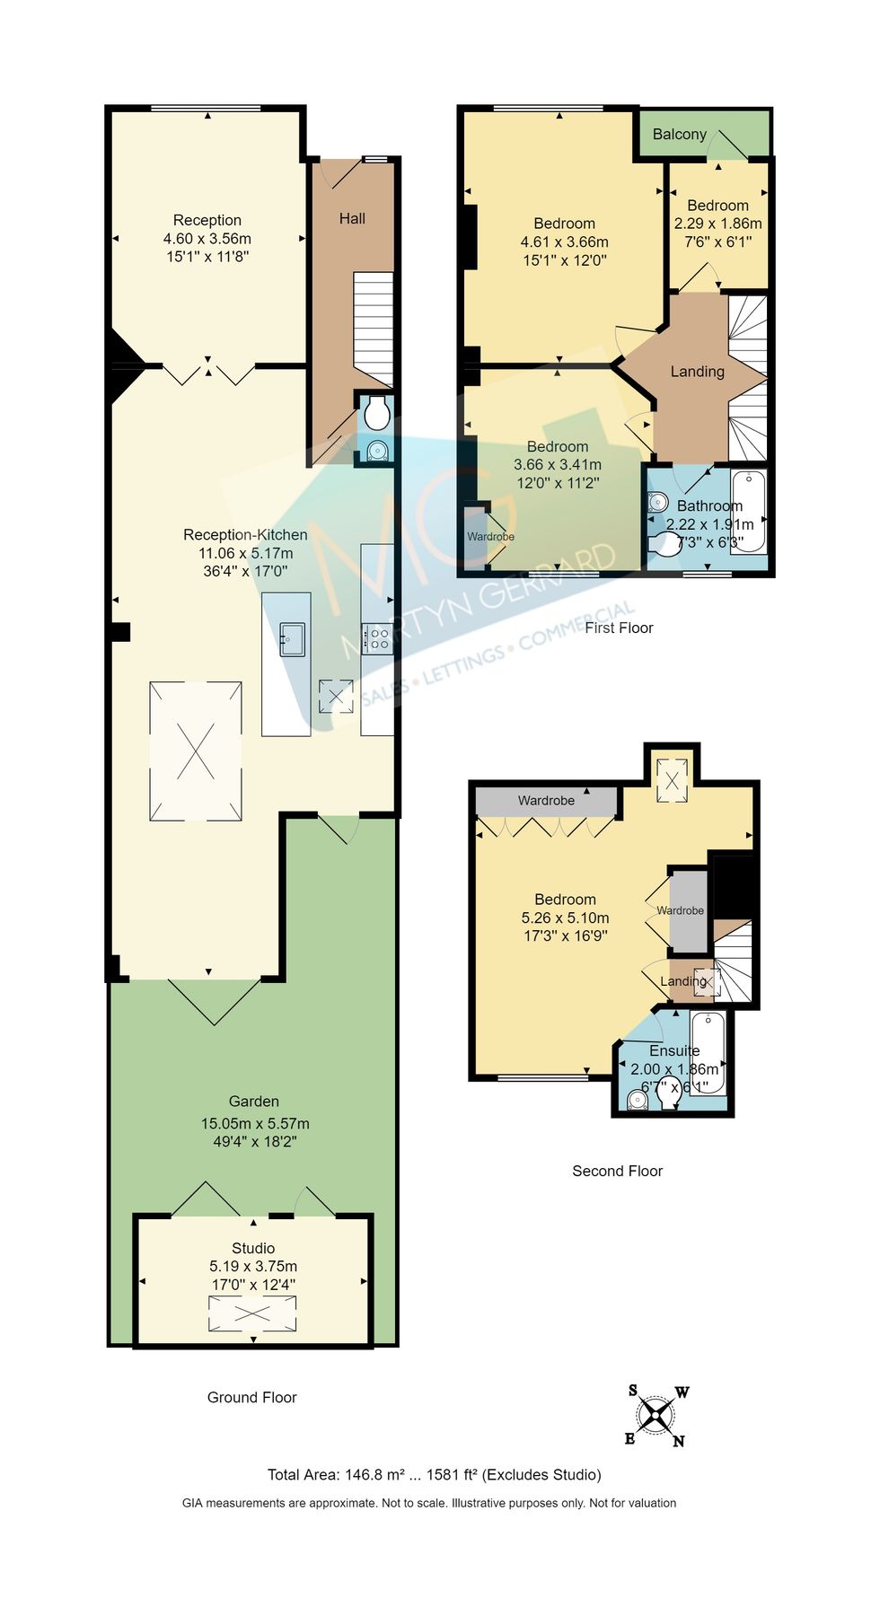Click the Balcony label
point(679,135)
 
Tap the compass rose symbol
point(656,1416)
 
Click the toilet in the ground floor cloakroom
point(376,414)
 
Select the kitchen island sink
point(292,639)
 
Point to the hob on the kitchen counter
point(376,638)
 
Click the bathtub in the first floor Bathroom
point(749,510)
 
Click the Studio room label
point(253,1248)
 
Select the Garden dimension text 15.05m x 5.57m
point(255,1123)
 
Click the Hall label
point(352,218)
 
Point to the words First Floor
point(619,628)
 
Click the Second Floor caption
point(617,1171)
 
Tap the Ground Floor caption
point(251,1397)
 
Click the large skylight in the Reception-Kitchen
point(196,751)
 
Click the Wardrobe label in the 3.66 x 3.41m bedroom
point(490,537)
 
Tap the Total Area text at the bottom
point(434,1474)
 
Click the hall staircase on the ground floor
point(373,329)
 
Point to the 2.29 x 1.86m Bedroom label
point(717,224)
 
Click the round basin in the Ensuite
point(637,1099)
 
